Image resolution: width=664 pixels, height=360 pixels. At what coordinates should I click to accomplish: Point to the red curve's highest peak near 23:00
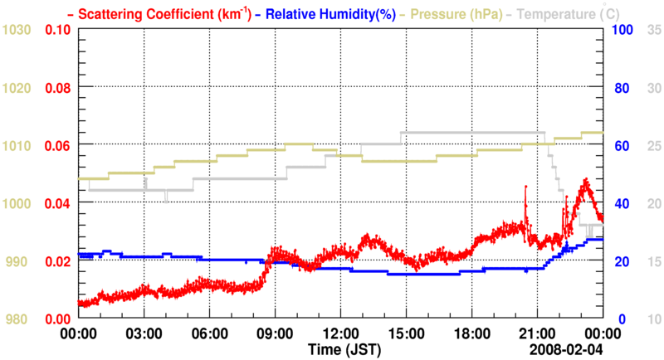tap(585, 179)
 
